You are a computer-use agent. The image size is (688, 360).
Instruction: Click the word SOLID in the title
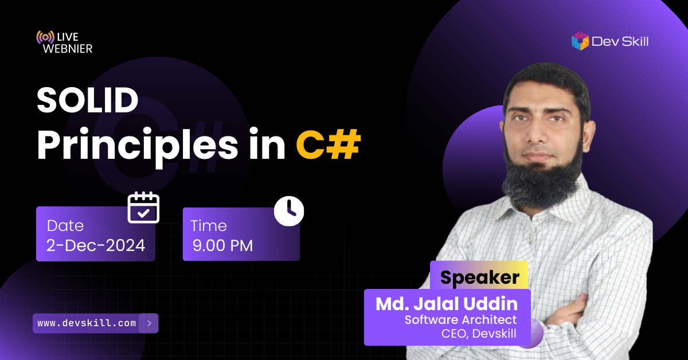tap(88, 100)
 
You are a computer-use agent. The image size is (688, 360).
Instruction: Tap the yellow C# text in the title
tap(328, 144)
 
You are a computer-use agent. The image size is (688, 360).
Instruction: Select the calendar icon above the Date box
tap(143, 208)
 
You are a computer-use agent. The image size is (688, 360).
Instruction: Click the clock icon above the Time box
tap(289, 211)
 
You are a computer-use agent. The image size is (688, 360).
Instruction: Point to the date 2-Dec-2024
tap(96, 245)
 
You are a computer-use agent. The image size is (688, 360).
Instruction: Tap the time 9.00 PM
tap(222, 246)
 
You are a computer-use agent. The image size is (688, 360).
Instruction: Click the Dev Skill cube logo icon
tap(580, 41)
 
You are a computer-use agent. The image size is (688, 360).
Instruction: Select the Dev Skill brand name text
tap(620, 41)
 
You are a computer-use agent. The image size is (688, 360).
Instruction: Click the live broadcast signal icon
tap(45, 37)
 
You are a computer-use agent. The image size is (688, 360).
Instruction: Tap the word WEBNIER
tap(68, 49)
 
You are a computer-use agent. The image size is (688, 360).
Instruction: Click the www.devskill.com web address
tap(87, 323)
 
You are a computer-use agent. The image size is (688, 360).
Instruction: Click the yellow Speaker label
tap(480, 277)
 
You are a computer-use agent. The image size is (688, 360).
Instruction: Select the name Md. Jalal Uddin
tap(447, 304)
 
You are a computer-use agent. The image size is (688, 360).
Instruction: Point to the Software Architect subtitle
tap(460, 320)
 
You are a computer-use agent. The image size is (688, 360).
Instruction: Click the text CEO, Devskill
tap(479, 333)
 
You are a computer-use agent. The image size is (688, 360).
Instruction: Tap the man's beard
tap(542, 181)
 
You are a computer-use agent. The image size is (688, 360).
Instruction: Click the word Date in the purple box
tap(65, 226)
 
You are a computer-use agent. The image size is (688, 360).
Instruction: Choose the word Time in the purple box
tap(209, 226)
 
